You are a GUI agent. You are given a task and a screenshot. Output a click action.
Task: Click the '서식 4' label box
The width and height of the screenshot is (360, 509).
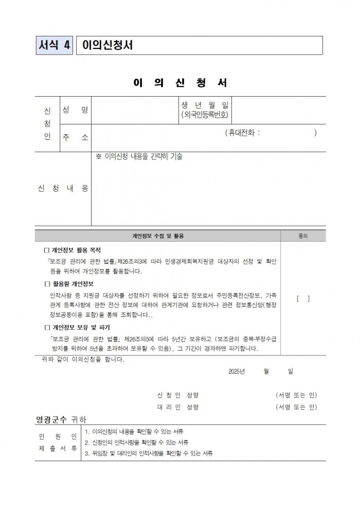55,45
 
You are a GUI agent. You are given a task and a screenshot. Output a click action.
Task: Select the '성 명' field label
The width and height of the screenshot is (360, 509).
75,110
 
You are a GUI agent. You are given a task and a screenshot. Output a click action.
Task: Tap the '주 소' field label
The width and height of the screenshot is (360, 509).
75,138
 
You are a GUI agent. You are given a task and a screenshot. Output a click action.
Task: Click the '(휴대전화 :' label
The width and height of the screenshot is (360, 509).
242,133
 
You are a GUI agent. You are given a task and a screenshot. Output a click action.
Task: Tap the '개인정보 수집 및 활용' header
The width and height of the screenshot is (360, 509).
158,236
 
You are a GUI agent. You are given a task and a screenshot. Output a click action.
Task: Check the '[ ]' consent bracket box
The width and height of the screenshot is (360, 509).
303,298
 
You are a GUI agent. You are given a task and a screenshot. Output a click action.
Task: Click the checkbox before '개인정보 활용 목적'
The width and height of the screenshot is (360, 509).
46,250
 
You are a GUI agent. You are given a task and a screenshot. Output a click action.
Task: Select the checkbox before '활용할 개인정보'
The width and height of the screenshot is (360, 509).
46,284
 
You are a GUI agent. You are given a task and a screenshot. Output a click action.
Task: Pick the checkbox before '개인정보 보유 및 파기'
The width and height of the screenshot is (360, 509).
46,327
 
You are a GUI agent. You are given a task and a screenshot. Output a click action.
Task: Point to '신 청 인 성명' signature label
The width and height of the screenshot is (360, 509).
177,395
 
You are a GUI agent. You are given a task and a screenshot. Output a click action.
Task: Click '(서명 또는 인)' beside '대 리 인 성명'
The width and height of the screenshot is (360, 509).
296,407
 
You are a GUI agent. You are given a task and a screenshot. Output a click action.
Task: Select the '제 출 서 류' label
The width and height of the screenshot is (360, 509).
58,448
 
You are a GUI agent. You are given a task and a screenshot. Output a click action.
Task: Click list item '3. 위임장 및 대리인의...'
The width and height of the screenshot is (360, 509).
149,453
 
